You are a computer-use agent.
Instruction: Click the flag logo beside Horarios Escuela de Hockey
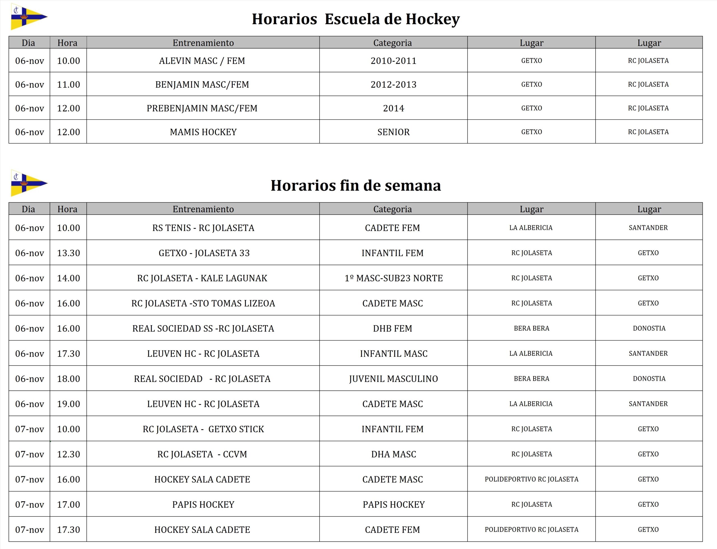tap(29, 17)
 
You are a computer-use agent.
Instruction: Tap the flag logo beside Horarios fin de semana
tap(29, 183)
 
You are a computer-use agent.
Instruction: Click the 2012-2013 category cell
tap(393, 85)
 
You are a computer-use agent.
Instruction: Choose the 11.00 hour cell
tap(68, 85)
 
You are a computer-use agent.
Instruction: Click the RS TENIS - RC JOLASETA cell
tap(203, 228)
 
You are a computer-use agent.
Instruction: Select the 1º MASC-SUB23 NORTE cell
tap(393, 278)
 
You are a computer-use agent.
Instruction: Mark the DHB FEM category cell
tap(392, 328)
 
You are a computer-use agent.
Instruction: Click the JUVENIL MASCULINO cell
tap(393, 379)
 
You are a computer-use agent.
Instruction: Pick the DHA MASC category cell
tap(393, 454)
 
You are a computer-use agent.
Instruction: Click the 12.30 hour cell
tap(68, 454)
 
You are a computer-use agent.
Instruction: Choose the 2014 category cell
tap(393, 108)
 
